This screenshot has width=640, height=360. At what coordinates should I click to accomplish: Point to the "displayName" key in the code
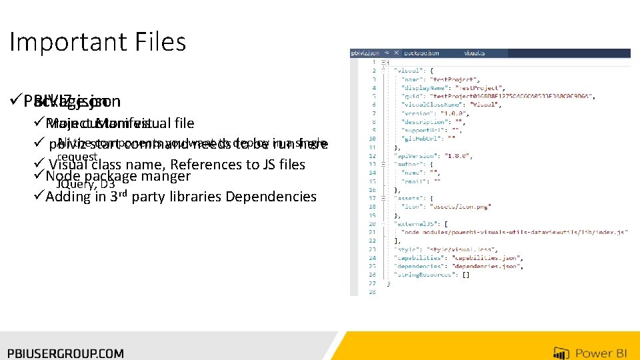tap(418, 87)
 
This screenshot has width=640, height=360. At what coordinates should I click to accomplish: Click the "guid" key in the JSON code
tap(408, 95)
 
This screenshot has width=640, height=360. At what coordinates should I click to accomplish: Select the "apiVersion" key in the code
tap(415, 156)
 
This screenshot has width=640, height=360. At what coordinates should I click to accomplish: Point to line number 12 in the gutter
tap(373, 156)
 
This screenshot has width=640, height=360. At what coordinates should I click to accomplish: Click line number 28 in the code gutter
tap(373, 291)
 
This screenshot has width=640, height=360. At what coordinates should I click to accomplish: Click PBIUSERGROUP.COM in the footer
tap(65, 353)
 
